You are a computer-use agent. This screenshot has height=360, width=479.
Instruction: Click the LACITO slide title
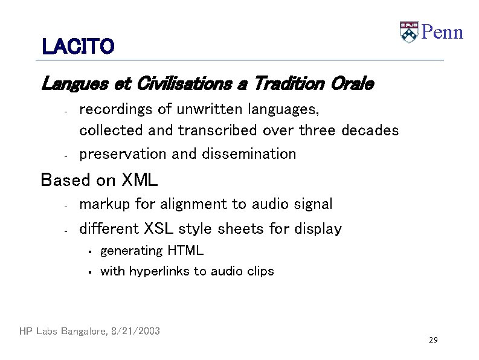tap(78, 47)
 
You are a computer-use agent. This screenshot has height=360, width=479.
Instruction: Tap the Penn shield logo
tap(409, 31)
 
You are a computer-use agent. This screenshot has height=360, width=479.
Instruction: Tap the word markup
tap(105, 205)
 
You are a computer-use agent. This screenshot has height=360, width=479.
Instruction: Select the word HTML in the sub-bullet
tap(185, 251)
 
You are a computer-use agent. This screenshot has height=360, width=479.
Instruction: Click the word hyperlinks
tap(159, 271)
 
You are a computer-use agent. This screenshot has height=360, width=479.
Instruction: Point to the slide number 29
tap(432, 341)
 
